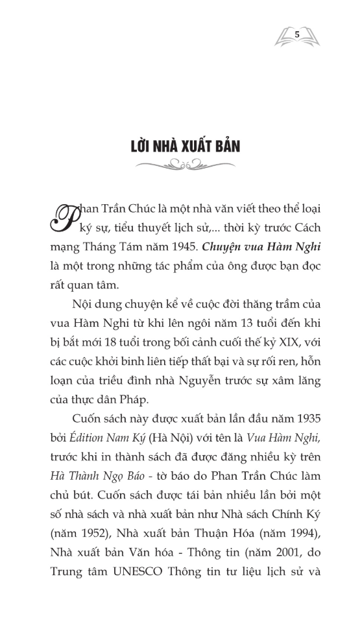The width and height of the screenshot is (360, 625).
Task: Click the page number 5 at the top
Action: [296, 34]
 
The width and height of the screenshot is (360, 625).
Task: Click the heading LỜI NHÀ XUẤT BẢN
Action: [184, 146]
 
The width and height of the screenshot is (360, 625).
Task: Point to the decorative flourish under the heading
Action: [184, 166]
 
